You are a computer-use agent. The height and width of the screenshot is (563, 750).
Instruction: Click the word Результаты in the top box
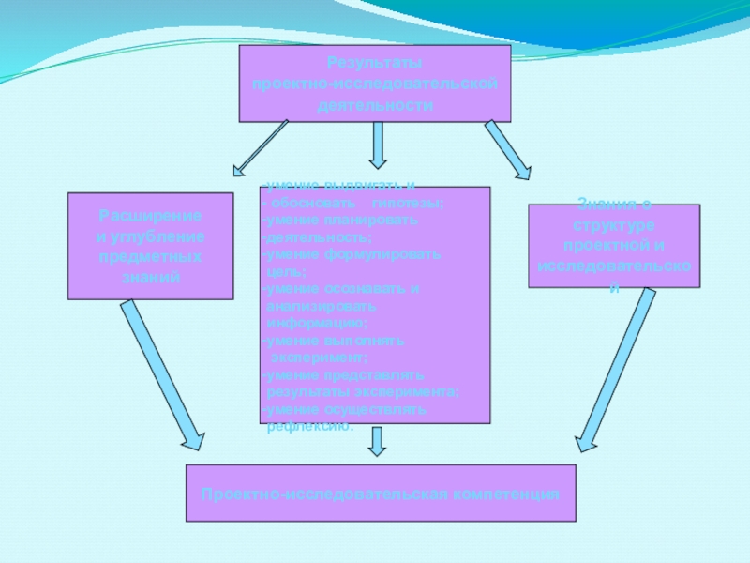tap(375, 64)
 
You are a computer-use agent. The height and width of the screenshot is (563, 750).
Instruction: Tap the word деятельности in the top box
tap(375, 105)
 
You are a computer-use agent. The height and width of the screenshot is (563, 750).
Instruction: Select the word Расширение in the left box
tap(150, 216)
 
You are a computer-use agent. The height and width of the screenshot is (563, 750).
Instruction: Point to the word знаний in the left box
tap(150, 278)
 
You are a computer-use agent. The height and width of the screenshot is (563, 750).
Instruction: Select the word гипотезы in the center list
tap(407, 203)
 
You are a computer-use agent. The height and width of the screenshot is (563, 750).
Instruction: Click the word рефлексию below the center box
tap(310, 427)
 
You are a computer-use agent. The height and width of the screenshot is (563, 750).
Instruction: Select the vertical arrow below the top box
tap(377, 145)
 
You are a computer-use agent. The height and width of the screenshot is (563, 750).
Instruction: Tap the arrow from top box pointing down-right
tap(507, 149)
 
